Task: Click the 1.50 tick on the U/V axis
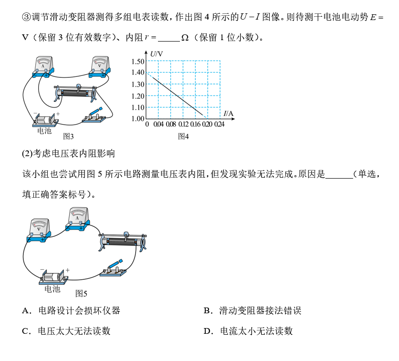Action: pyautogui.click(x=137, y=61)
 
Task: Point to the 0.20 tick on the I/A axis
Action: pyautogui.click(x=207, y=124)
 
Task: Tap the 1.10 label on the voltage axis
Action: pyautogui.click(x=137, y=107)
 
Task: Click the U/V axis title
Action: pyautogui.click(x=157, y=54)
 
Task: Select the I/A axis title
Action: pyautogui.click(x=228, y=114)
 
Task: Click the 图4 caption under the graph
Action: pyautogui.click(x=183, y=137)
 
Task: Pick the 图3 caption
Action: pyautogui.click(x=68, y=137)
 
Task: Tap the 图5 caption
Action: pyautogui.click(x=81, y=294)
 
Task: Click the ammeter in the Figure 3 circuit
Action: pyautogui.click(x=43, y=67)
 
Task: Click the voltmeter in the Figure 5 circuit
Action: pyautogui.click(x=39, y=230)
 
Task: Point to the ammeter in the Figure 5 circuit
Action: pyautogui.click(x=78, y=219)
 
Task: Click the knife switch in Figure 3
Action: pyautogui.click(x=94, y=116)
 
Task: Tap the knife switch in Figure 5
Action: pyautogui.click(x=113, y=268)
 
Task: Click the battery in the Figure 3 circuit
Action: pyautogui.click(x=45, y=120)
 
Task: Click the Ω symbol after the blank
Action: pyautogui.click(x=185, y=38)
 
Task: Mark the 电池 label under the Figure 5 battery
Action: pyautogui.click(x=52, y=289)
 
